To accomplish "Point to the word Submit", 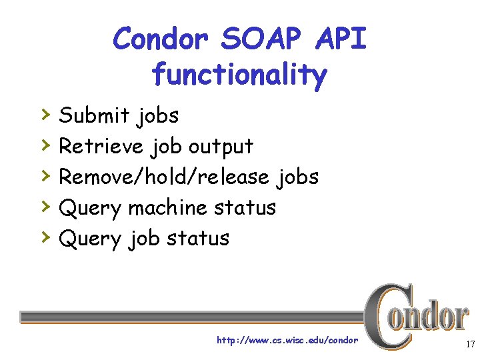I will click(95, 115).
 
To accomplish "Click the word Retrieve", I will click(101, 146).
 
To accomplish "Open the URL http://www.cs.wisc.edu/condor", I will click(287, 341).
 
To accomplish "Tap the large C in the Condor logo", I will click(384, 316).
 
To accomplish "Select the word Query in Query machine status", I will click(90, 209).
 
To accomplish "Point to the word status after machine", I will click(245, 207).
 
